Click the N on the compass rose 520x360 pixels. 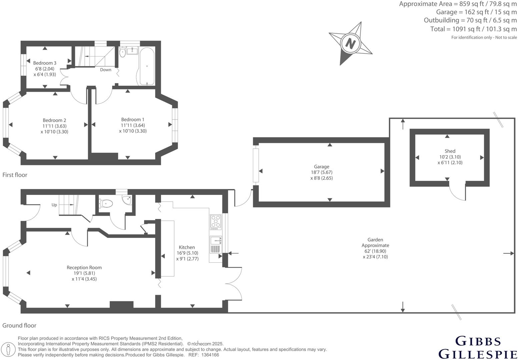click(x=350, y=43)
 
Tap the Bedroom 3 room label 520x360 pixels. click(x=45, y=63)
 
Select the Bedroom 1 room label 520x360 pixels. click(x=133, y=120)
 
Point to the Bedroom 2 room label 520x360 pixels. click(x=54, y=120)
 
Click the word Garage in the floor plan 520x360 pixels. click(x=321, y=167)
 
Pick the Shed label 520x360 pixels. click(x=450, y=151)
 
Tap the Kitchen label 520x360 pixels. click(x=187, y=247)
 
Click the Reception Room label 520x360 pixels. click(x=84, y=267)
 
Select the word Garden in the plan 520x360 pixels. click(x=375, y=240)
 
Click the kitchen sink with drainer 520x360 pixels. click(x=215, y=245)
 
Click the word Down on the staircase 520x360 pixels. click(x=106, y=70)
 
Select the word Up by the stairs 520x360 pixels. click(x=54, y=205)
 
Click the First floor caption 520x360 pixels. click(x=15, y=175)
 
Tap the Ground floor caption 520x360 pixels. click(x=19, y=325)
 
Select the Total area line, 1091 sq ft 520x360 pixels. click(x=473, y=29)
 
